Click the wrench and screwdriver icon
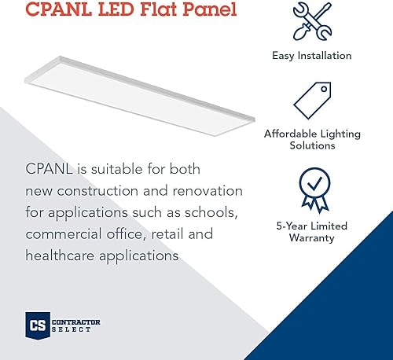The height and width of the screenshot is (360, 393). point(311,24)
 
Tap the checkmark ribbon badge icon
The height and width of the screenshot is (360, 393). point(312,189)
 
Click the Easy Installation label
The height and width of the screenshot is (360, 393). point(312,56)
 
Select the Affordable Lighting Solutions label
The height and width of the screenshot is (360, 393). point(312,140)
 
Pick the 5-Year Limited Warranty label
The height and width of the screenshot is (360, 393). point(312,232)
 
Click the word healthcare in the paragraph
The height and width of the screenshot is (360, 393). point(62,255)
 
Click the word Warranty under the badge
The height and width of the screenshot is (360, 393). point(312,237)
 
